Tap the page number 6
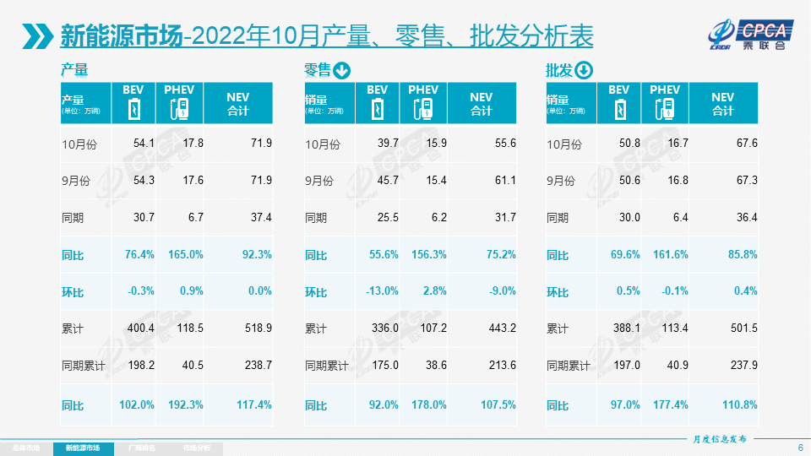point(800,447)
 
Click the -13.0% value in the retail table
point(383,291)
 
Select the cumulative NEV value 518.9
point(255,328)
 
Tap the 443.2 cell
point(499,328)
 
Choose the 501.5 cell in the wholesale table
point(741,328)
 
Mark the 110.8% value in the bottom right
point(740,404)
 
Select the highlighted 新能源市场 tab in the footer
point(82,447)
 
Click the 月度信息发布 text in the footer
point(719,438)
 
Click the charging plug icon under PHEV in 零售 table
point(423,109)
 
